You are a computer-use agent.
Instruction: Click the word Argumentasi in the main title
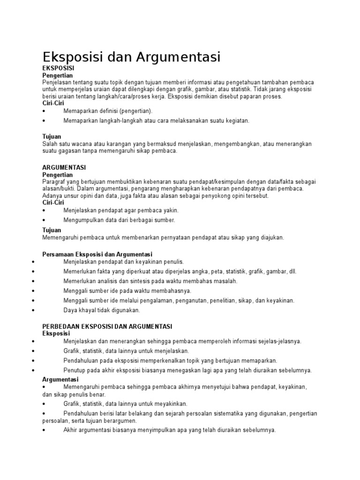[x=178, y=58]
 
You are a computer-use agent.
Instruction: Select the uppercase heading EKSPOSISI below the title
[x=59, y=68]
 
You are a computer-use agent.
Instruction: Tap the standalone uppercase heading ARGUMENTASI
[x=64, y=167]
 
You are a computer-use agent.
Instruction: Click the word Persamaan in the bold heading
[x=58, y=254]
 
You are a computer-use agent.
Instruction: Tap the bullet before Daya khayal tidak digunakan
[x=34, y=310]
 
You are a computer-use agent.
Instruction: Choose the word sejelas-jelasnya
[x=277, y=341]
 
